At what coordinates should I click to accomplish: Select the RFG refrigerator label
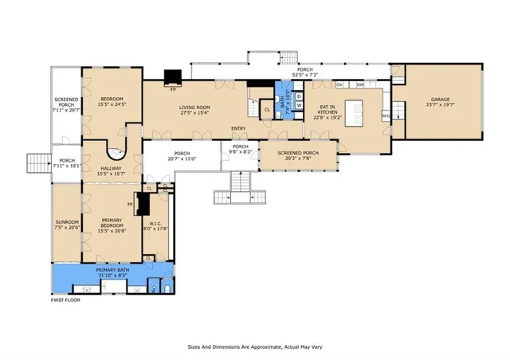pyautogui.click(x=386, y=115)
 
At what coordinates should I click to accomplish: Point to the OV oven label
pyautogui.click(x=339, y=84)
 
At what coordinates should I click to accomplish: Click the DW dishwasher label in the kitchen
pyautogui.click(x=360, y=84)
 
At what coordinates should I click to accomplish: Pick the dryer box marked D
pyautogui.click(x=299, y=96)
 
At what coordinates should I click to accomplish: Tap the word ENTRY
pyautogui.click(x=237, y=129)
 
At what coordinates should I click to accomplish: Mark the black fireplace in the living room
pyautogui.click(x=173, y=77)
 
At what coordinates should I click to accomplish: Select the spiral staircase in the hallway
pyautogui.click(x=117, y=155)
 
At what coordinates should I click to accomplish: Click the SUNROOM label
pyautogui.click(x=67, y=223)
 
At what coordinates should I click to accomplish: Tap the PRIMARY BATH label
pyautogui.click(x=112, y=271)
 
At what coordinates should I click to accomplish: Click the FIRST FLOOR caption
pyautogui.click(x=67, y=301)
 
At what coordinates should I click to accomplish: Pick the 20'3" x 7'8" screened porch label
pyautogui.click(x=298, y=158)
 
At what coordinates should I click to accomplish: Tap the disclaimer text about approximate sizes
pyautogui.click(x=255, y=347)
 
